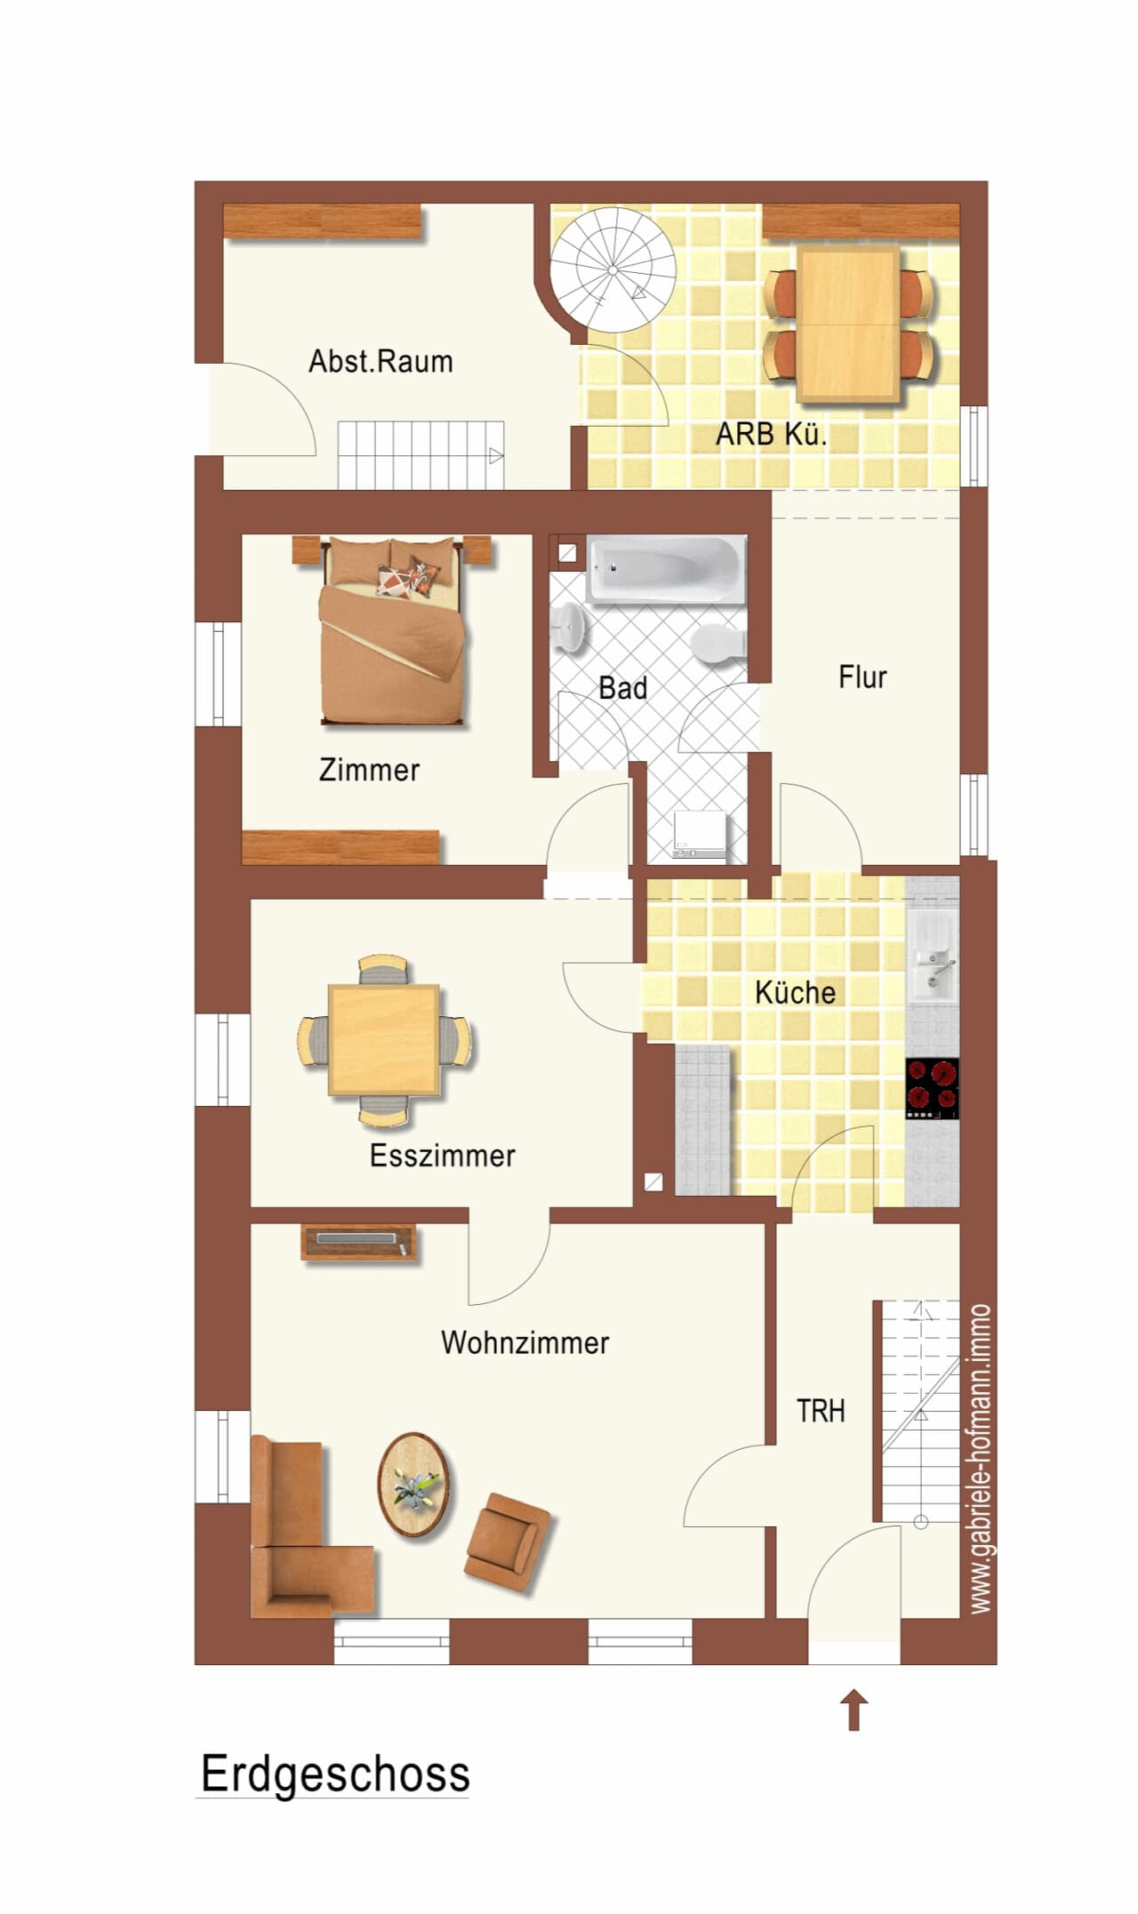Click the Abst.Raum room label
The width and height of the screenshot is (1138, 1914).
point(381,362)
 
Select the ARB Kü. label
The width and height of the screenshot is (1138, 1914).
point(772,435)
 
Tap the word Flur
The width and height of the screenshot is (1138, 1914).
point(862,677)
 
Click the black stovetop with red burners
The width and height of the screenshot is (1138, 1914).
point(933,1088)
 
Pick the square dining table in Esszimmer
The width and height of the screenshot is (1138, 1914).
point(384,1040)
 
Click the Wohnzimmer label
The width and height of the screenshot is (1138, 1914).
point(525,1342)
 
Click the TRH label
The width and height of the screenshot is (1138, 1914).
point(821,1411)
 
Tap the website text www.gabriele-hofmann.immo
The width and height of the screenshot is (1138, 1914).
point(980,1459)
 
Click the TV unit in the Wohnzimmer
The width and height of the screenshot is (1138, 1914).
point(360,1242)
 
